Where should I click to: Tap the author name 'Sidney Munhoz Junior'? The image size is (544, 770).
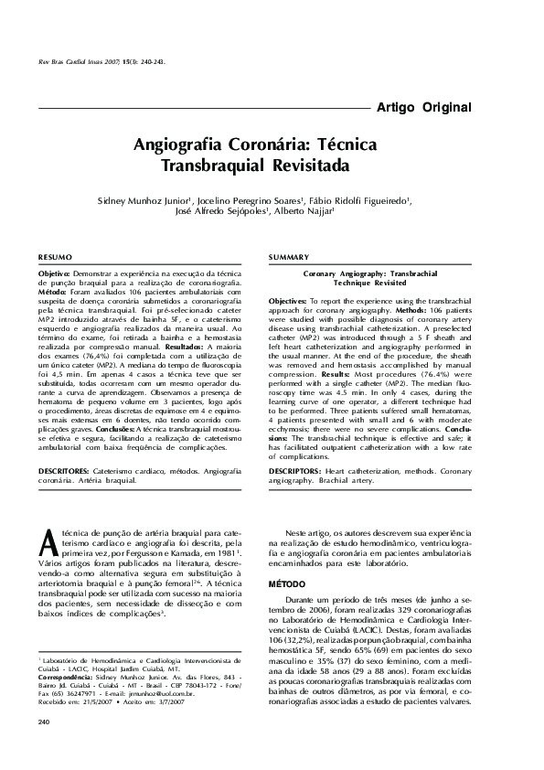pyautogui.click(x=143, y=198)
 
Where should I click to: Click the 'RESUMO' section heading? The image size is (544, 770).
pyautogui.click(x=54, y=257)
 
